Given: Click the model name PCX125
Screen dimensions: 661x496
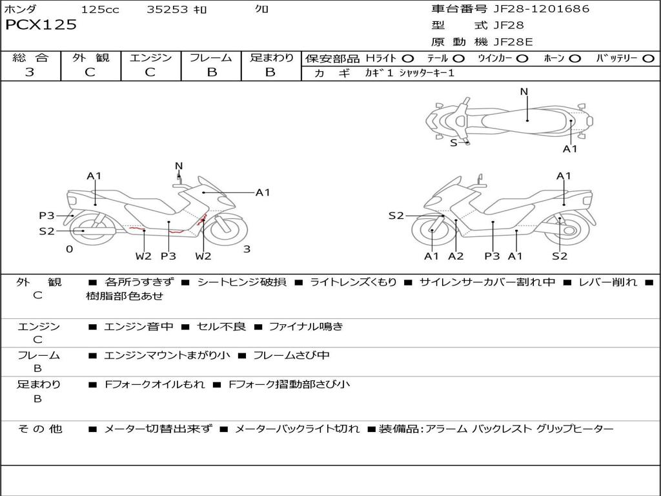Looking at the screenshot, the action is [x=41, y=25].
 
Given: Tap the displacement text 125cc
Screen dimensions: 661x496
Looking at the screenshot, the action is [x=100, y=10].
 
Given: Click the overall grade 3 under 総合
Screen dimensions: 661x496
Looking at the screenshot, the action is [x=30, y=72].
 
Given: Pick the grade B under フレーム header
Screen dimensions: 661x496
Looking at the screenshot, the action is [x=211, y=72].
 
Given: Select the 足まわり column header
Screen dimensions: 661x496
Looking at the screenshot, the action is [x=272, y=58].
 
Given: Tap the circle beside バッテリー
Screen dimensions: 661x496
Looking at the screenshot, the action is [x=648, y=59].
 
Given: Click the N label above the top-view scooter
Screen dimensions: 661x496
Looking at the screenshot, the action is [x=524, y=92].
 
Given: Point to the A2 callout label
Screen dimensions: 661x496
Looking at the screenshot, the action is [x=456, y=256].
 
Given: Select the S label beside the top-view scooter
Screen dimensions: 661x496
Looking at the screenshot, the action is [x=453, y=143].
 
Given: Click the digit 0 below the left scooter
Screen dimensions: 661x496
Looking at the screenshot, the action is [x=69, y=249].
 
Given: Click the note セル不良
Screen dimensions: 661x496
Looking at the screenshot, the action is [x=220, y=327].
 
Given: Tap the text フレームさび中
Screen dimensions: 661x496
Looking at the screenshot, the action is [x=291, y=356].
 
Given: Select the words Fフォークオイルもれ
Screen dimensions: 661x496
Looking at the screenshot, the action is [x=154, y=384].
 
